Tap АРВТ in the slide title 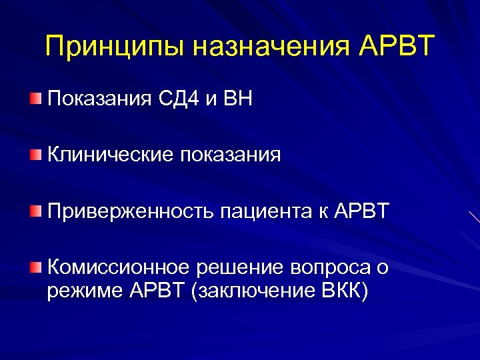click(396, 47)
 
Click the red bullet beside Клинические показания click(35, 155)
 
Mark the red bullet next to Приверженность click(35, 211)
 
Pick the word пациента click(262, 212)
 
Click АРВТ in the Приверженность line click(361, 211)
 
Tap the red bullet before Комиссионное click(35, 267)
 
